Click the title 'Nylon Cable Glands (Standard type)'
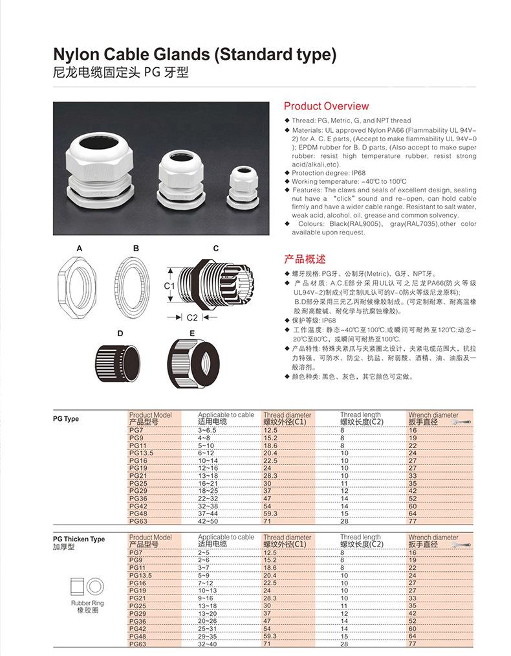tap(195, 54)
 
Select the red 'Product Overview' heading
tap(326, 106)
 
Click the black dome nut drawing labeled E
tap(191, 363)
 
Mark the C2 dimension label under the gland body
tap(192, 317)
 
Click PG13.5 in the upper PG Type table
tap(140, 453)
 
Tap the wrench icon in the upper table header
tap(464, 422)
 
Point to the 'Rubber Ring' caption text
tap(87, 603)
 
